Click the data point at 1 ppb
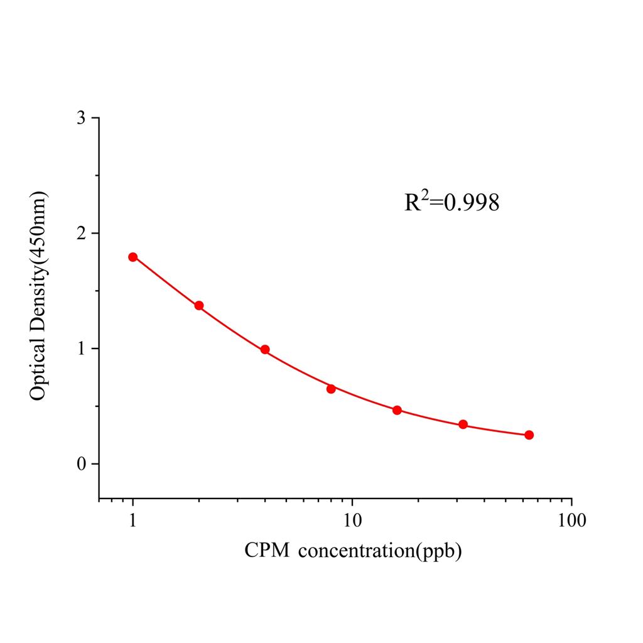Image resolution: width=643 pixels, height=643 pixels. tap(133, 257)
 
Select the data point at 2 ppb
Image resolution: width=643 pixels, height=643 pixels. tap(199, 306)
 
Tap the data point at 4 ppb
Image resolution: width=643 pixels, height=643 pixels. tap(265, 350)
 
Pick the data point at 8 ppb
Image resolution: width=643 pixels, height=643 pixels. tap(331, 389)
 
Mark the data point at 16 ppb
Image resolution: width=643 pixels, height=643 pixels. tap(397, 410)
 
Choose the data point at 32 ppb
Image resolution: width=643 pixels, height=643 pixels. tap(463, 424)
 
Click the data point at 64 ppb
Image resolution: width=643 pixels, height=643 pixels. tap(529, 435)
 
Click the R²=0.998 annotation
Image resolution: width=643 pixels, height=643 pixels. tap(451, 202)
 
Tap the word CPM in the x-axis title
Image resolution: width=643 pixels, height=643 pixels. tap(267, 551)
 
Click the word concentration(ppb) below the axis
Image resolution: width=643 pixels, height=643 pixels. tap(381, 551)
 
